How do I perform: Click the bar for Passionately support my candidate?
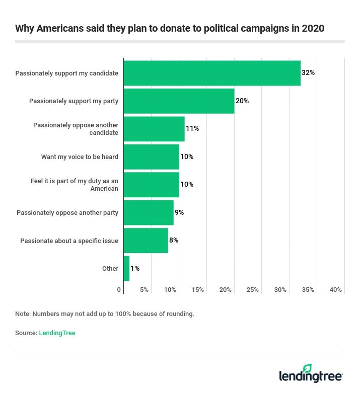point(212,73)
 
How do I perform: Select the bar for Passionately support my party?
point(179,101)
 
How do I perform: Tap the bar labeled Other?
point(126,268)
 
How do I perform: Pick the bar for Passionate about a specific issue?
point(146,241)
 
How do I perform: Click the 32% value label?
point(308,73)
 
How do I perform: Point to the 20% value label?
point(242,101)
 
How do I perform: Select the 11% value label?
point(192,129)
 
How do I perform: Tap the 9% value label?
point(179,212)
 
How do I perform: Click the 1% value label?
point(135,268)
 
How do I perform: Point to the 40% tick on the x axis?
point(335,290)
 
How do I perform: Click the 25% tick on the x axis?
point(253,290)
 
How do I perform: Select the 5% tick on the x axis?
point(144,290)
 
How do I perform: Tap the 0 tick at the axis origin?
point(119,290)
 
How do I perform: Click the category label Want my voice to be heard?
point(80,157)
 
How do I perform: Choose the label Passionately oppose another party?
point(67,213)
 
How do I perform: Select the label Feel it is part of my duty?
point(75,185)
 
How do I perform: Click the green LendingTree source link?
point(57,333)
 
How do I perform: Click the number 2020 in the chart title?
point(312,28)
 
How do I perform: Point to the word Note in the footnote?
point(22,314)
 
